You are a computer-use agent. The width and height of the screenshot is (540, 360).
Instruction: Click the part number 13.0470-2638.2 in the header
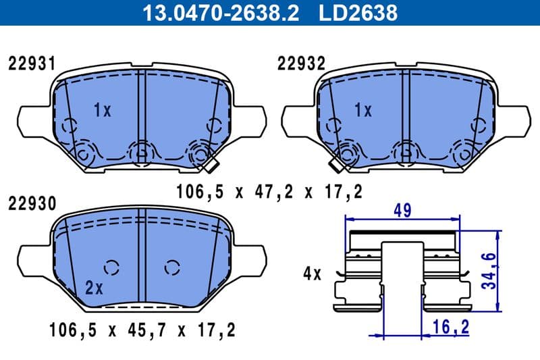click(x=218, y=12)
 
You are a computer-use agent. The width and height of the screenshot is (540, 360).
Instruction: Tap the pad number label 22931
click(x=31, y=64)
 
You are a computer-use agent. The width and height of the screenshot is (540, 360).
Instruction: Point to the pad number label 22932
click(x=301, y=64)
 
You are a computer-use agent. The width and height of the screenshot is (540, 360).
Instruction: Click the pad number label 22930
click(x=31, y=203)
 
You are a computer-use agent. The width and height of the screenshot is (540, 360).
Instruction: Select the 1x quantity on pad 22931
click(x=102, y=110)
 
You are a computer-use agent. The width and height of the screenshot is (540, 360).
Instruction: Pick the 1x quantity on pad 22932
click(x=363, y=110)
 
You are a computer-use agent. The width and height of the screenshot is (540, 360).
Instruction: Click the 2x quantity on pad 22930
click(x=94, y=288)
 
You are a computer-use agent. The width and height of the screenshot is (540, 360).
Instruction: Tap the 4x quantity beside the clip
click(x=313, y=274)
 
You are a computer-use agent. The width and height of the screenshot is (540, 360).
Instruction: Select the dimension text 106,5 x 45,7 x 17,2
click(x=142, y=331)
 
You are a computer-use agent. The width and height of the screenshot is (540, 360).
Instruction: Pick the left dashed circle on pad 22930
click(x=112, y=267)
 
